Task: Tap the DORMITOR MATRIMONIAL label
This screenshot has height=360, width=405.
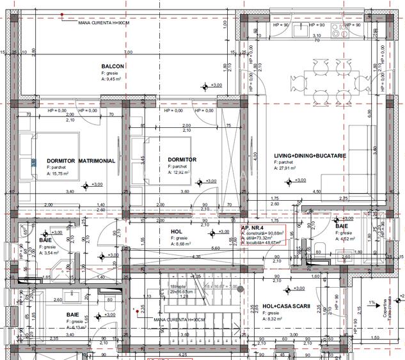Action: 81,161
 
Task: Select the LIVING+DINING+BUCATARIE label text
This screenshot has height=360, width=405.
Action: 310,156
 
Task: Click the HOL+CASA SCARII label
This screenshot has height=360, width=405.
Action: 286,306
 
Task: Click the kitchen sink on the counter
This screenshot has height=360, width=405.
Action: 315,29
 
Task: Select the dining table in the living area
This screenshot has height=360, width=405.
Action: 331,79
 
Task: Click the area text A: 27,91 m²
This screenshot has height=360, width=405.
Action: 292,169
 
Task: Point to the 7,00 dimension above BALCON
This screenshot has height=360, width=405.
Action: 128,52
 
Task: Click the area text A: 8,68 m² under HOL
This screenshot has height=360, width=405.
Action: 184,244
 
